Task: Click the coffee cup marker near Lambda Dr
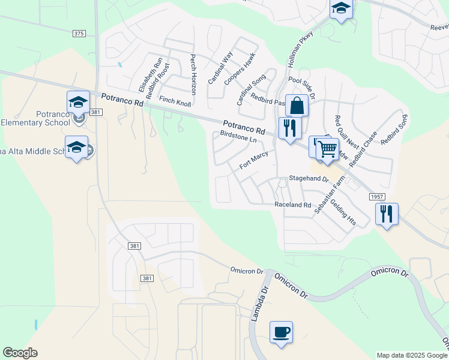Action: tap(281, 332)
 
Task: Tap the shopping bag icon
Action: tap(297, 106)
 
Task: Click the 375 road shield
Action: tap(79, 34)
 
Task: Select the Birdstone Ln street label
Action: tap(238, 137)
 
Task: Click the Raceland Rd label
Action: tap(293, 205)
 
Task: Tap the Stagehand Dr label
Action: tap(309, 179)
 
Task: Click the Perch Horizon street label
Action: tap(193, 75)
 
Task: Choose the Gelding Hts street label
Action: tap(343, 212)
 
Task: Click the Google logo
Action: tap(20, 353)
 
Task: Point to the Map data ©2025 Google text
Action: tap(411, 355)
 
